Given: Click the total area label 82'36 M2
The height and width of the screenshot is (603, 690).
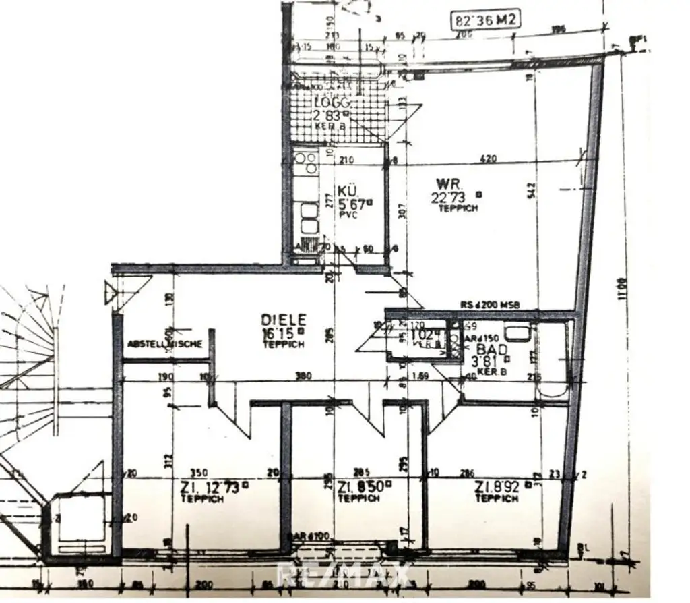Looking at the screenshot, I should click(485, 20).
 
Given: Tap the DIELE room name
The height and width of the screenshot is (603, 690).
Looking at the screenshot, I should click(284, 319).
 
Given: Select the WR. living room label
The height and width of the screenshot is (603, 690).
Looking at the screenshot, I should click(447, 183).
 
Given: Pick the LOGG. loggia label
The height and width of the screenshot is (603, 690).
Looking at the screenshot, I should click(333, 103).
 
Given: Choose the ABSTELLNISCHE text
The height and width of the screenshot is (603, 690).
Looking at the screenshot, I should click(164, 344).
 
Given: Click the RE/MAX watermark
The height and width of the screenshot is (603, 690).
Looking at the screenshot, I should click(345, 575).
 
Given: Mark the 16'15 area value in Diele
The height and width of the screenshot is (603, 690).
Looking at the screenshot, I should click(282, 333).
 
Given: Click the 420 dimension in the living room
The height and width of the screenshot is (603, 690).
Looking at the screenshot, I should click(488, 159).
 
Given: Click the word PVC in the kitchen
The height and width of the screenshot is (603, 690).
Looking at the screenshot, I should click(348, 214).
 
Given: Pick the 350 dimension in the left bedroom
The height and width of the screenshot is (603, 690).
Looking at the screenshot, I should click(199, 473).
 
